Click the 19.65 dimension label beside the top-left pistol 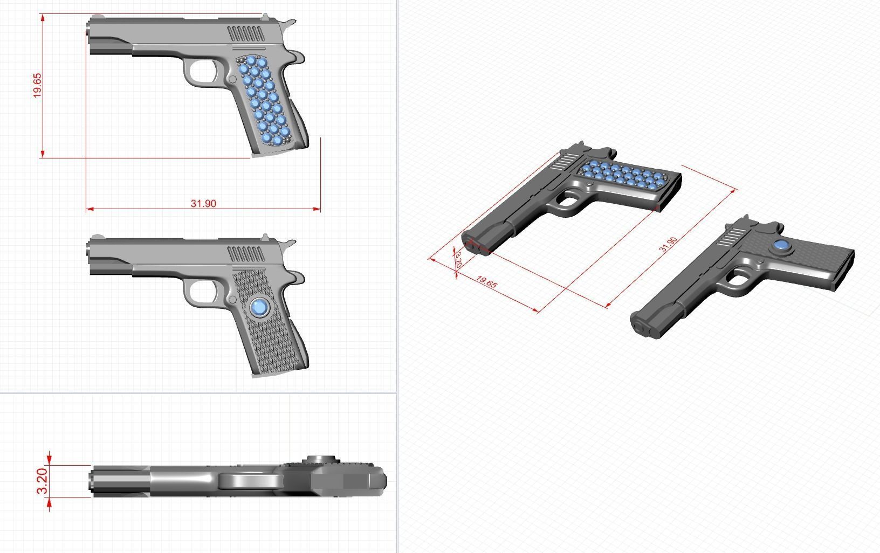[x=37, y=85]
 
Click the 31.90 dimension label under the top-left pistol [x=203, y=203]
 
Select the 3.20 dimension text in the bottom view [x=43, y=481]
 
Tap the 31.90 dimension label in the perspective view [x=668, y=244]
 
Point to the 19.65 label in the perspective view [x=486, y=282]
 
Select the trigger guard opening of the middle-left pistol [x=202, y=292]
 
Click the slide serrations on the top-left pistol [x=247, y=34]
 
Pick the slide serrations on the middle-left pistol [x=247, y=254]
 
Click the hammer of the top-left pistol [x=290, y=23]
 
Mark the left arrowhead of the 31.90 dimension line [x=89, y=209]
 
